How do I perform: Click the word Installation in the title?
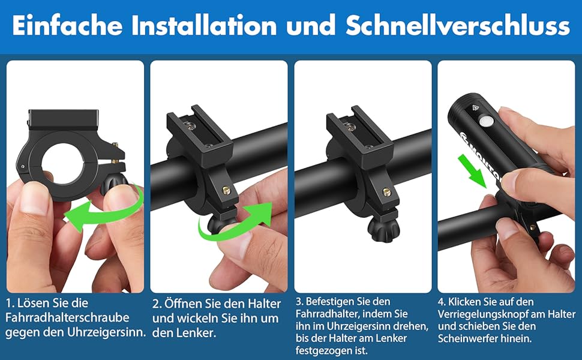(x=204, y=26)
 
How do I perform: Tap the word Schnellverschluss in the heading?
(x=457, y=26)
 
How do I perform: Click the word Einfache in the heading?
(x=67, y=26)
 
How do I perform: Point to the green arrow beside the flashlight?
(x=472, y=171)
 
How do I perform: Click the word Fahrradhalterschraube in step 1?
(x=67, y=317)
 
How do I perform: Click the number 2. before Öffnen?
(x=157, y=304)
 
